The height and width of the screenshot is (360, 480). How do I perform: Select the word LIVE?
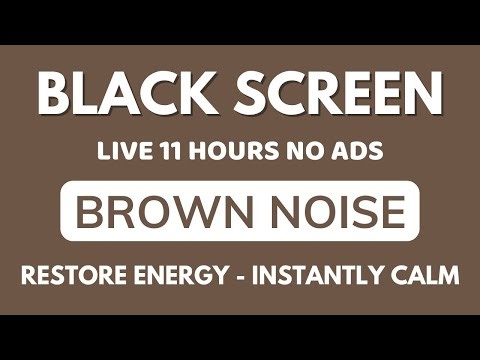[x=121, y=155]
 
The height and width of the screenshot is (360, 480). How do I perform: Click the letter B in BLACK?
[x=56, y=98]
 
